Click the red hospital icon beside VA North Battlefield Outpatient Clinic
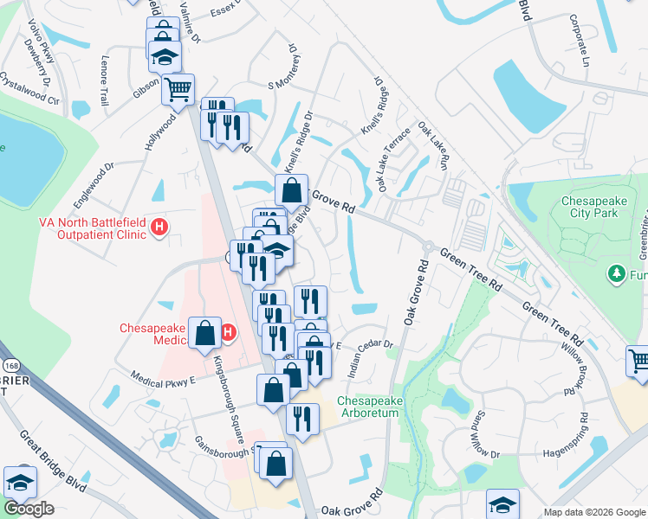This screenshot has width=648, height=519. pos(159,227)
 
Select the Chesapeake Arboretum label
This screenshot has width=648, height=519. pos(367,407)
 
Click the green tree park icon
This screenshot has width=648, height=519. pos(617,274)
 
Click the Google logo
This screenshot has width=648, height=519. pos(28,509)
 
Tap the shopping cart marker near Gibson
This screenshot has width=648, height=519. pos(178,88)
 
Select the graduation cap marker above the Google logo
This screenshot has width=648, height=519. pos(20,482)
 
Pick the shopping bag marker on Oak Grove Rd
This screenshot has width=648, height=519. pos(293,189)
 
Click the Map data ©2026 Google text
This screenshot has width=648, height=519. pos(594,512)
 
